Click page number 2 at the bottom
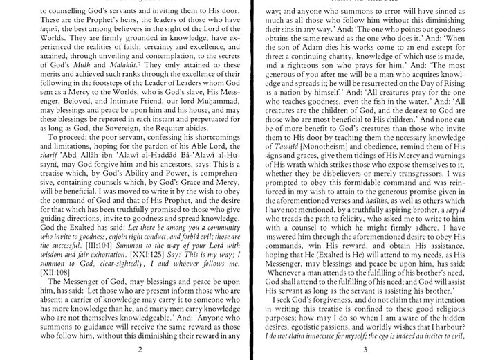pyautogui.click(x=139, y=349)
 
